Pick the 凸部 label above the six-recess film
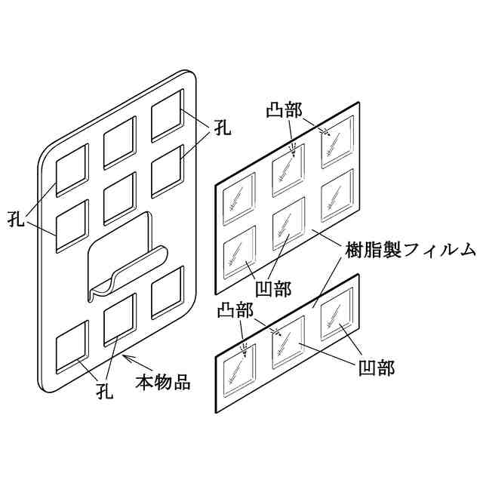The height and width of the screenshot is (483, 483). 285,110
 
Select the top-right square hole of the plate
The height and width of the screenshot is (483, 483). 167,115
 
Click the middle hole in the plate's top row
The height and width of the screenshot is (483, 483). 118,142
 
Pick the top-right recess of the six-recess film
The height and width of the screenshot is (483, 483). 337,141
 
